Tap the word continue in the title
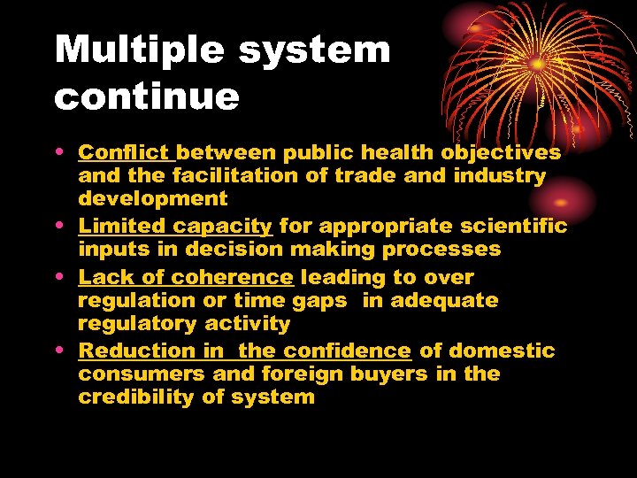(x=147, y=96)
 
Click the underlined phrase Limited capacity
(x=175, y=227)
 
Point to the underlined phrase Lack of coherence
(x=185, y=278)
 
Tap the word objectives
(x=501, y=153)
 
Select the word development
(x=153, y=198)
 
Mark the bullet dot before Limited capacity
(x=65, y=227)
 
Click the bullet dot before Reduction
(x=65, y=351)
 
